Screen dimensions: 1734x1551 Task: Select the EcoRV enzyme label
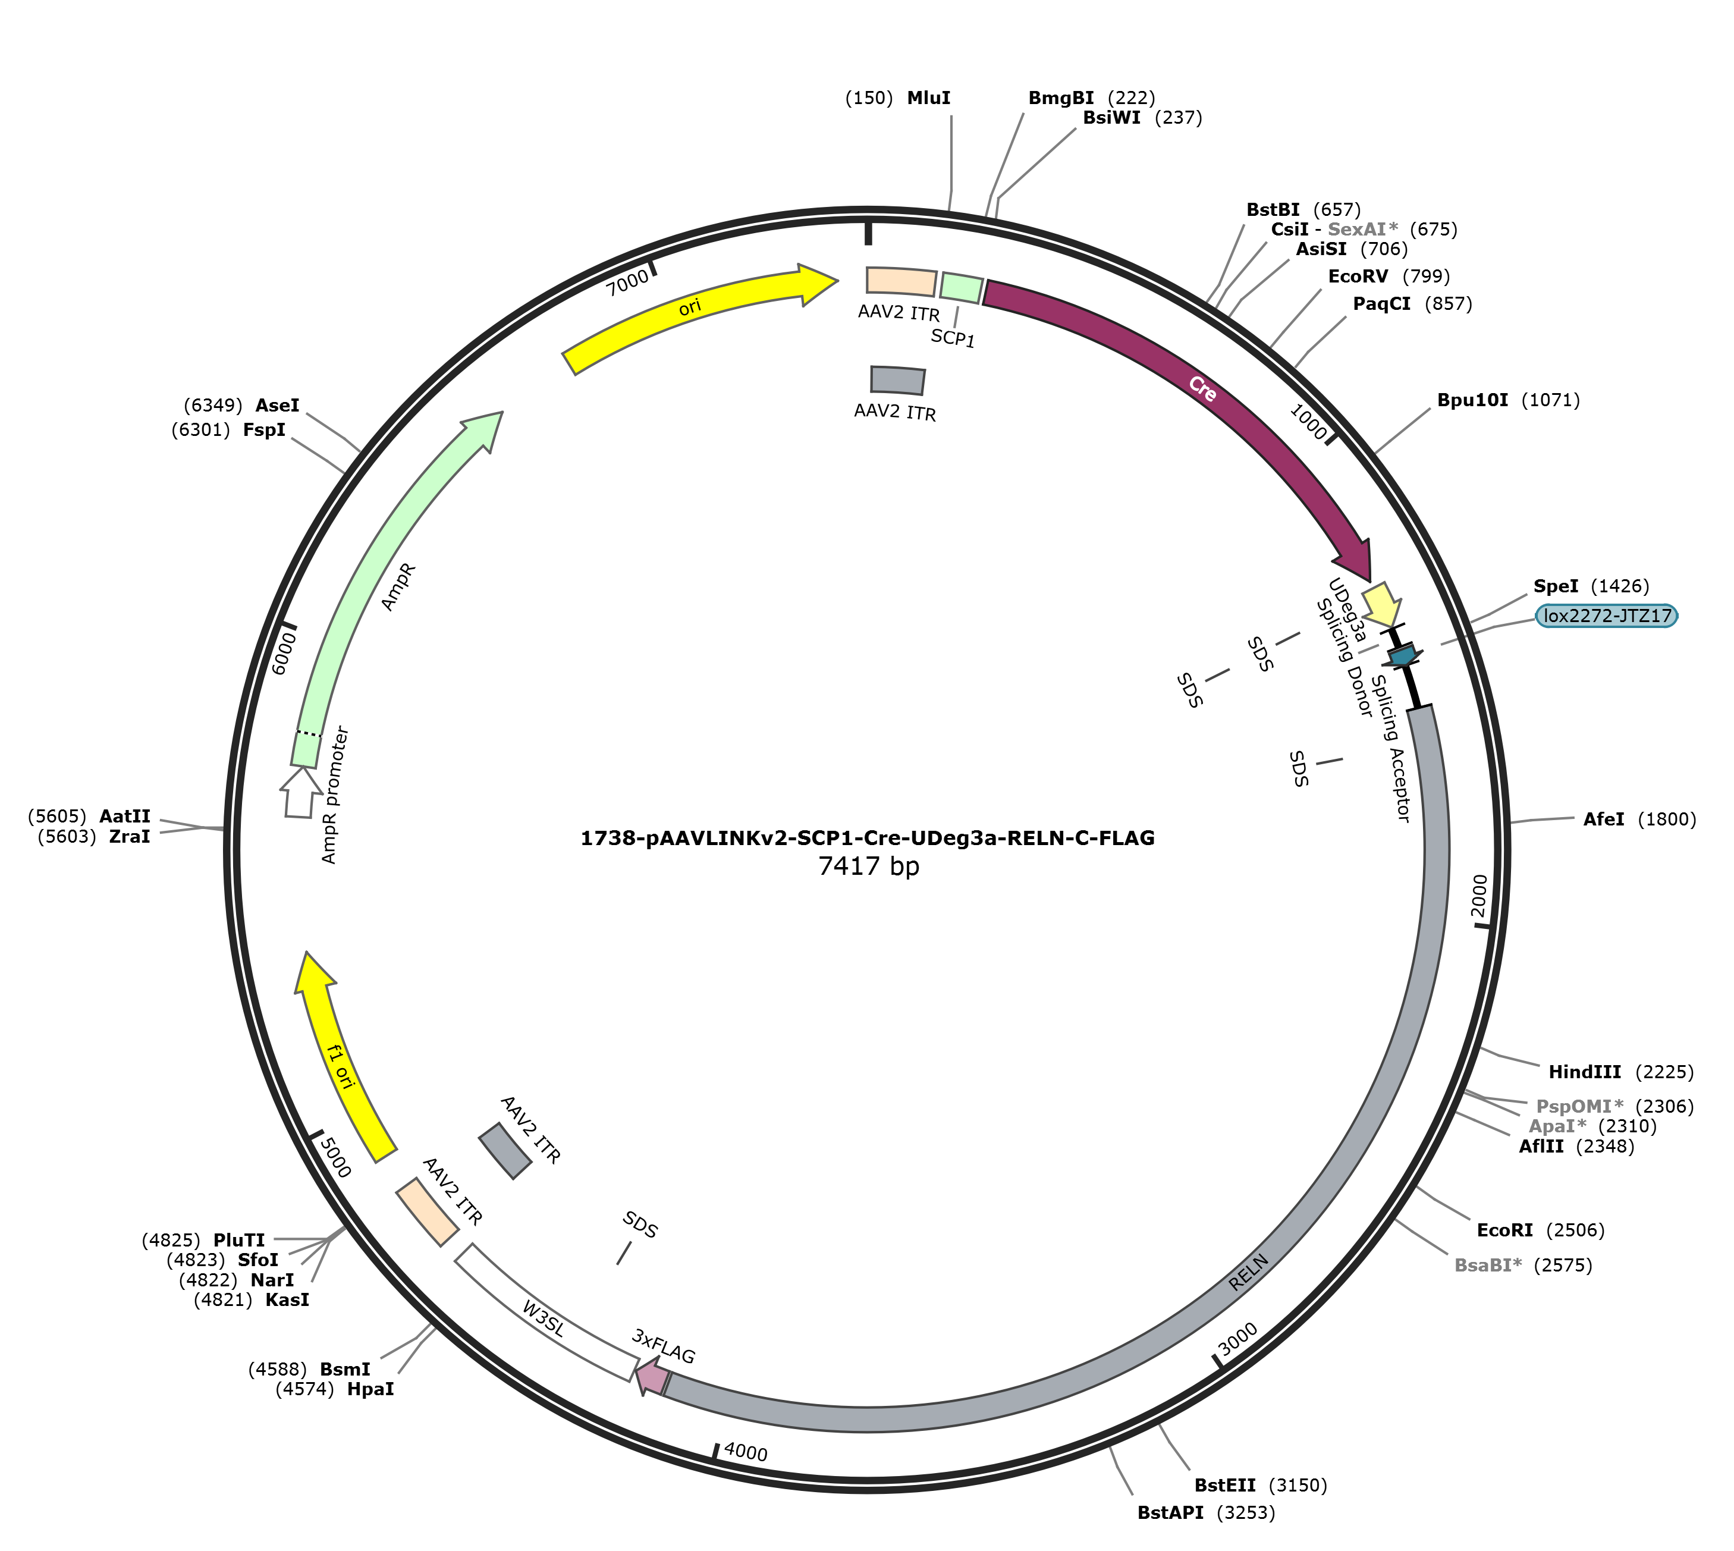pos(1358,276)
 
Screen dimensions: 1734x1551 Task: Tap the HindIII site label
pos(1584,1072)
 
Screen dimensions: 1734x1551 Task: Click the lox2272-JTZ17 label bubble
pos(1607,616)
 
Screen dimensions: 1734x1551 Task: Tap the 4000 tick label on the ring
pos(746,1452)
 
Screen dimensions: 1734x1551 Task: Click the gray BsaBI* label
pos(1488,1266)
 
